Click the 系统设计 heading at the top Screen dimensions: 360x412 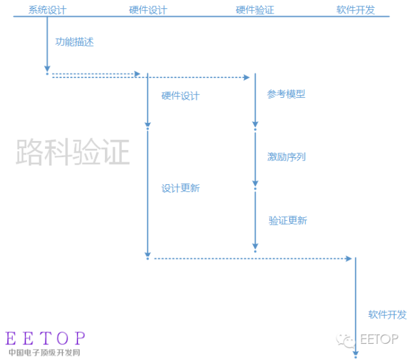click(47, 10)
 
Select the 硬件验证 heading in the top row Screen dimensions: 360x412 click(255, 10)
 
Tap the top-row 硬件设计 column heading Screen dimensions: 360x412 click(147, 10)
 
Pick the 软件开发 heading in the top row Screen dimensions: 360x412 click(355, 10)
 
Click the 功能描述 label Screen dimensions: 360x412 click(74, 43)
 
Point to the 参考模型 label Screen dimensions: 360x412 click(286, 94)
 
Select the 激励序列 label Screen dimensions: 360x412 click(286, 156)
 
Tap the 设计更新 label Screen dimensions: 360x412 click(180, 188)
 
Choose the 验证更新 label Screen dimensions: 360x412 click(288, 220)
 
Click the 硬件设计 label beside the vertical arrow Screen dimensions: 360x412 click(180, 96)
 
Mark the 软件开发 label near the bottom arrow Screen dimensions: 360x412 click(388, 314)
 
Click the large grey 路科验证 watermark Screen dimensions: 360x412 click(73, 152)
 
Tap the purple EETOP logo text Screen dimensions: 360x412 click(45, 338)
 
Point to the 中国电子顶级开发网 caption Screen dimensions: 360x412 click(44, 353)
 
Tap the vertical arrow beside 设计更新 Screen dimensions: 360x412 click(148, 193)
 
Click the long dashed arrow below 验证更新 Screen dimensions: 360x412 click(251, 258)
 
